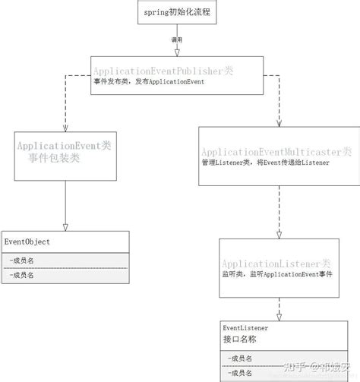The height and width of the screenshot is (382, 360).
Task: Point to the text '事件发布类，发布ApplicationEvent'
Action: click(x=145, y=82)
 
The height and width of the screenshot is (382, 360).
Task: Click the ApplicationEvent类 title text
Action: click(x=64, y=145)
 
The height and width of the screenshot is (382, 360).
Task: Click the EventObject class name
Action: click(x=27, y=242)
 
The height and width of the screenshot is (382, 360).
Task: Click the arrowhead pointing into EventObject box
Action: click(x=65, y=226)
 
